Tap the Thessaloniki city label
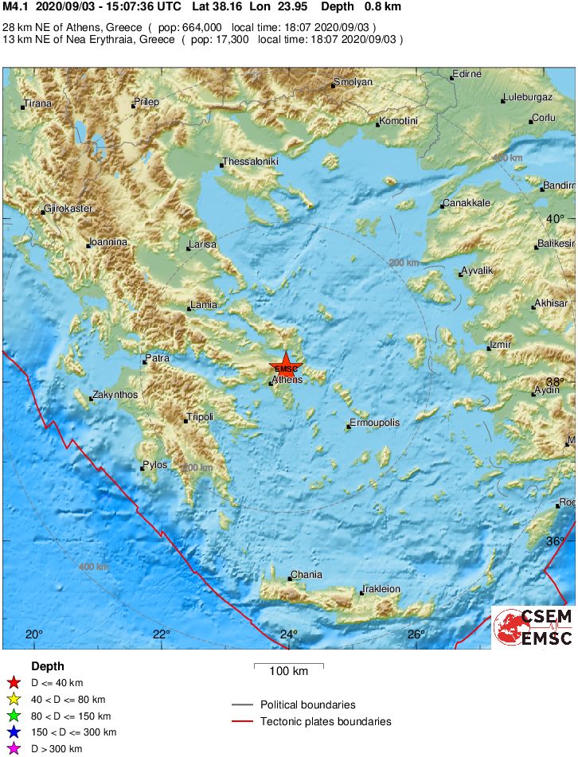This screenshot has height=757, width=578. (x=251, y=161)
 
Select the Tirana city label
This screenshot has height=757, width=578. (x=37, y=103)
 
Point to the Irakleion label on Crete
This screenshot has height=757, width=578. (x=381, y=589)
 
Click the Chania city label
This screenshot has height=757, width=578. (x=307, y=575)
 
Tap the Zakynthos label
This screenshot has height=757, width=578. (x=115, y=395)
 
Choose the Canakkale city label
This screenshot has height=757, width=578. (x=467, y=203)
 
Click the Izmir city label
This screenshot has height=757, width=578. (x=500, y=345)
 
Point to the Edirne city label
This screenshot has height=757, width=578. (x=467, y=75)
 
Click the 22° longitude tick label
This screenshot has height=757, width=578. (x=162, y=634)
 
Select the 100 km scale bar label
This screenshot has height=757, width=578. (x=288, y=671)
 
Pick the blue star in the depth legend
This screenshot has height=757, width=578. (x=13, y=732)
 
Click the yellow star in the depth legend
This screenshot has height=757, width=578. (x=13, y=700)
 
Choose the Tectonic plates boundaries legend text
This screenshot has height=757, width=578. (x=326, y=721)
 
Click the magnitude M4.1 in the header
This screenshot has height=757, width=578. (x=17, y=7)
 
